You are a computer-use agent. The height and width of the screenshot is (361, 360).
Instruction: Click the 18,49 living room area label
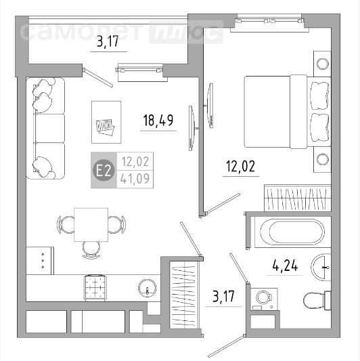(x=158, y=121)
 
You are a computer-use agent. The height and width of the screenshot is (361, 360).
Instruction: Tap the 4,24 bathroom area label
(x=285, y=266)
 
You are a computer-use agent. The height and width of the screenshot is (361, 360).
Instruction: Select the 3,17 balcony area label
(x=108, y=42)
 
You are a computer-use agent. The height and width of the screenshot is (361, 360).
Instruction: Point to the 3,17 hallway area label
(x=223, y=296)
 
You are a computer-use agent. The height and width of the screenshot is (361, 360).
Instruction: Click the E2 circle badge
(x=104, y=171)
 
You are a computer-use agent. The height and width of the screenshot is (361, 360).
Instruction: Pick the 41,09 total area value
(x=135, y=179)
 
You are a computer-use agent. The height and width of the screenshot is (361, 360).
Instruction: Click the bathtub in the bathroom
(x=292, y=232)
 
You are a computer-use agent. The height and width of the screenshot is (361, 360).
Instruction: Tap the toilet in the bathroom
(x=317, y=300)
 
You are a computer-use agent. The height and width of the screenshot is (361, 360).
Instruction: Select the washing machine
(x=264, y=299)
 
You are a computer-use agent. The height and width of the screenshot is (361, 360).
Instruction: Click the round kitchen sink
(x=148, y=288)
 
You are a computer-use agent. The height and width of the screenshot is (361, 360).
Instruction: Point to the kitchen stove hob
(x=95, y=287)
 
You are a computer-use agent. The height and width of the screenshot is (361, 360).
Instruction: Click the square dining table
(x=91, y=225)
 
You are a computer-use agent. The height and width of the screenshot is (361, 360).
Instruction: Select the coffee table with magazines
(x=106, y=122)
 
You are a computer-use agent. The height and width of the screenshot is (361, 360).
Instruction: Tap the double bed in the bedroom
(x=288, y=112)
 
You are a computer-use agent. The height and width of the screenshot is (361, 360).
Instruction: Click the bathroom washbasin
(x=321, y=268)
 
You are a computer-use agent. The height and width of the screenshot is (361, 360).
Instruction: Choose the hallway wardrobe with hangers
(x=184, y=294)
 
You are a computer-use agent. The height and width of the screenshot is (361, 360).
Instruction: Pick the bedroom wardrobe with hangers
(x=298, y=198)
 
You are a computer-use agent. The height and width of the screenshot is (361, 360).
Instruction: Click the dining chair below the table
(x=91, y=250)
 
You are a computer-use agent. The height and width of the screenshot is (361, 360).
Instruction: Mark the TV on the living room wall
(x=192, y=128)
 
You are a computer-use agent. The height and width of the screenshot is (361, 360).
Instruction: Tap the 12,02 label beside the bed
(x=241, y=166)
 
